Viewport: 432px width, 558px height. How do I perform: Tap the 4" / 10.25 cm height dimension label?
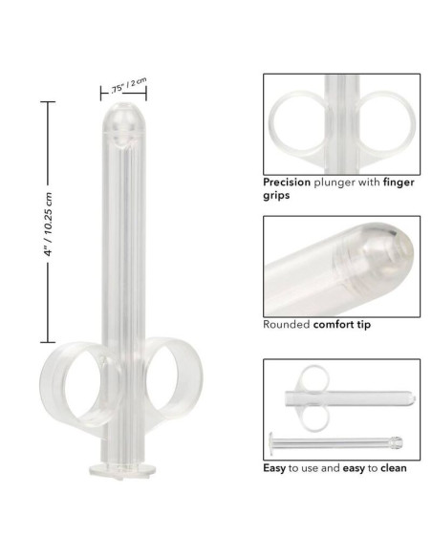click(x=48, y=221)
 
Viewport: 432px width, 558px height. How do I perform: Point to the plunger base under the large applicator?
click(x=121, y=470)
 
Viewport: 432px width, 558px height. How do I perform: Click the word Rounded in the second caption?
click(x=286, y=324)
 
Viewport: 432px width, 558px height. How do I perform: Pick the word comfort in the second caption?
click(x=335, y=324)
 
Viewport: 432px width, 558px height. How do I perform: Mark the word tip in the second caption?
click(x=366, y=324)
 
